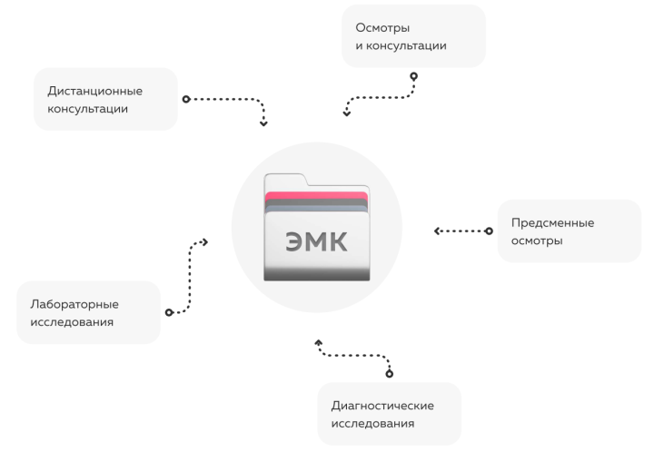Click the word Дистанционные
(x=88, y=91)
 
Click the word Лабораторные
(x=69, y=304)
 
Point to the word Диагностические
(x=381, y=405)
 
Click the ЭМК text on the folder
(x=316, y=241)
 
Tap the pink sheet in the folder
(x=316, y=197)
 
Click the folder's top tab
(x=284, y=180)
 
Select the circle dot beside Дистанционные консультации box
(x=185, y=98)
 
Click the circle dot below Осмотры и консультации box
(x=413, y=76)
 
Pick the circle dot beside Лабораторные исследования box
(x=169, y=312)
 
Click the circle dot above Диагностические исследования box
(x=390, y=373)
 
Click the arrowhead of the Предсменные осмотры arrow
(x=437, y=231)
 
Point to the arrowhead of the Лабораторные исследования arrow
(x=205, y=242)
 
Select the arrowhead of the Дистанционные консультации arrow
(x=263, y=123)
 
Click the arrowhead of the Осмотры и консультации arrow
(x=346, y=113)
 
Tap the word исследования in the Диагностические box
(x=372, y=423)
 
